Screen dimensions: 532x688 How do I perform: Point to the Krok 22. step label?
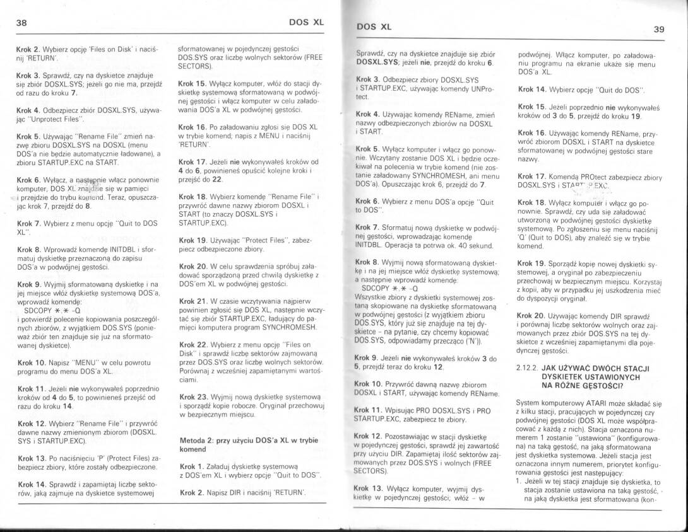[x=194, y=345]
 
